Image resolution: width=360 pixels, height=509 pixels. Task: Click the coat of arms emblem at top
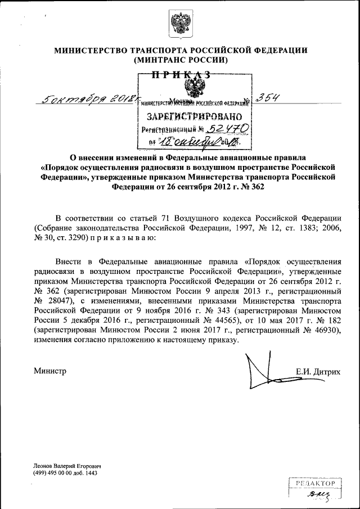pos(180,25)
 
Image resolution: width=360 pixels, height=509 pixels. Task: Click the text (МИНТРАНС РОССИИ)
pos(181,60)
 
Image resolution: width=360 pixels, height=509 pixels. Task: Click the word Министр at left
pos(50,371)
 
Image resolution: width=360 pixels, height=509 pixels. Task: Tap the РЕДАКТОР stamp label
pos(315,483)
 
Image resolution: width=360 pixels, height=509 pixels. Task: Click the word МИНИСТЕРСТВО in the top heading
pos(91,50)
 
